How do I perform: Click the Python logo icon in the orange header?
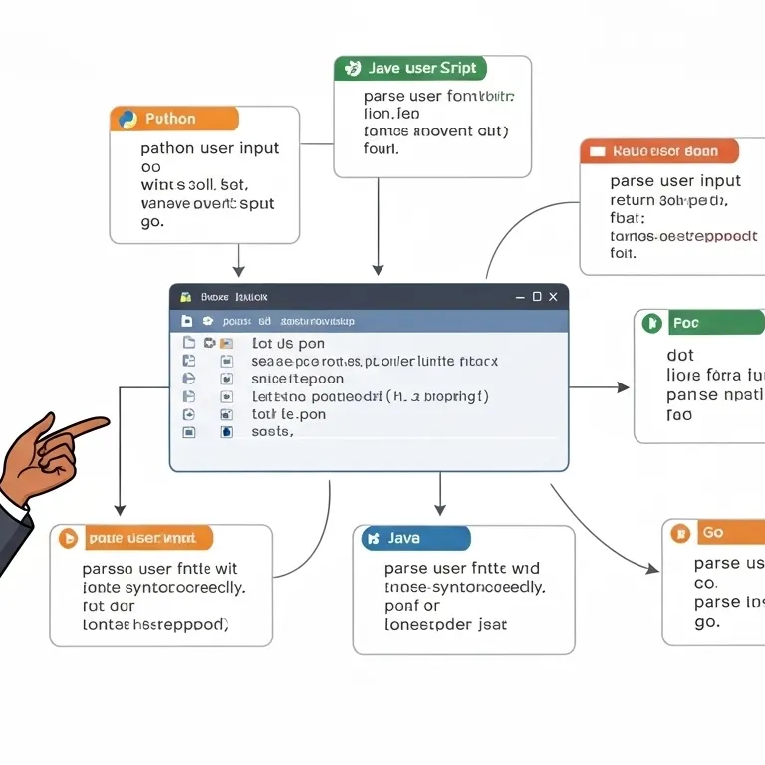point(128,120)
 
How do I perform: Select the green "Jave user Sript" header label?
point(410,69)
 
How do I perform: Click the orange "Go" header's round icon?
point(681,533)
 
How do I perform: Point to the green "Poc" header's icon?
point(652,323)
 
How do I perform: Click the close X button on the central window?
point(555,297)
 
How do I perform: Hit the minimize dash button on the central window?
point(519,297)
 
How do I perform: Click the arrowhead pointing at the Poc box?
point(624,387)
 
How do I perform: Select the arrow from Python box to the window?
point(238,261)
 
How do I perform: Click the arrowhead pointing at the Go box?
point(652,569)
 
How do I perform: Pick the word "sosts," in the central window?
point(272,432)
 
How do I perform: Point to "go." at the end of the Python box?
point(152,222)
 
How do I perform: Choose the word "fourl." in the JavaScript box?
point(382,149)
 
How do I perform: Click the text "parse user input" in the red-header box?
point(675,181)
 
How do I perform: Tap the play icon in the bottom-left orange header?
point(69,539)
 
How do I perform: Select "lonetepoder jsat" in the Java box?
point(445,625)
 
